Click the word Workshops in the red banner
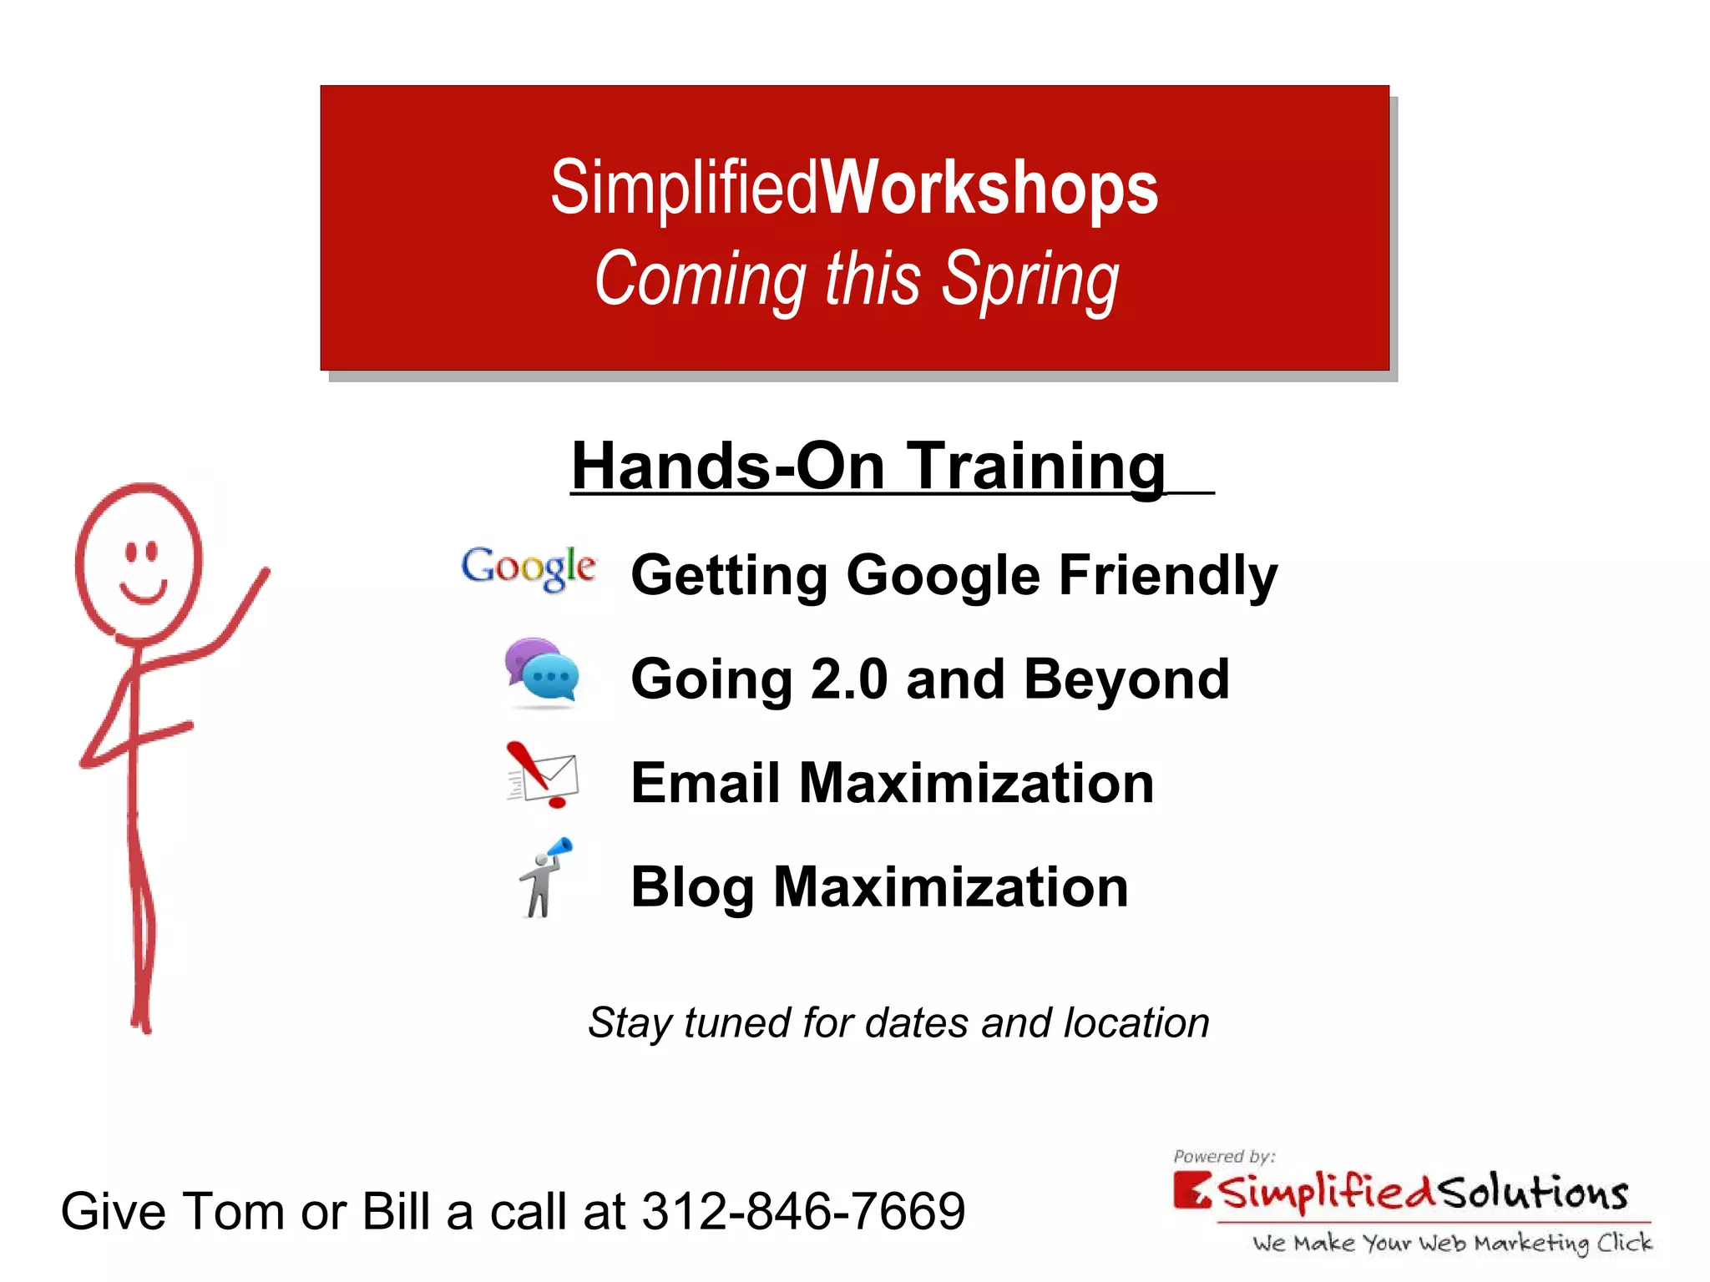point(989,188)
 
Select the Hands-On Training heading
point(868,466)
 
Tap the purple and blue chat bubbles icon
point(542,673)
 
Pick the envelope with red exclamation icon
point(543,775)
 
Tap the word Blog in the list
point(692,887)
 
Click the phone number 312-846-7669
point(803,1211)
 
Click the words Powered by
point(1224,1157)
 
